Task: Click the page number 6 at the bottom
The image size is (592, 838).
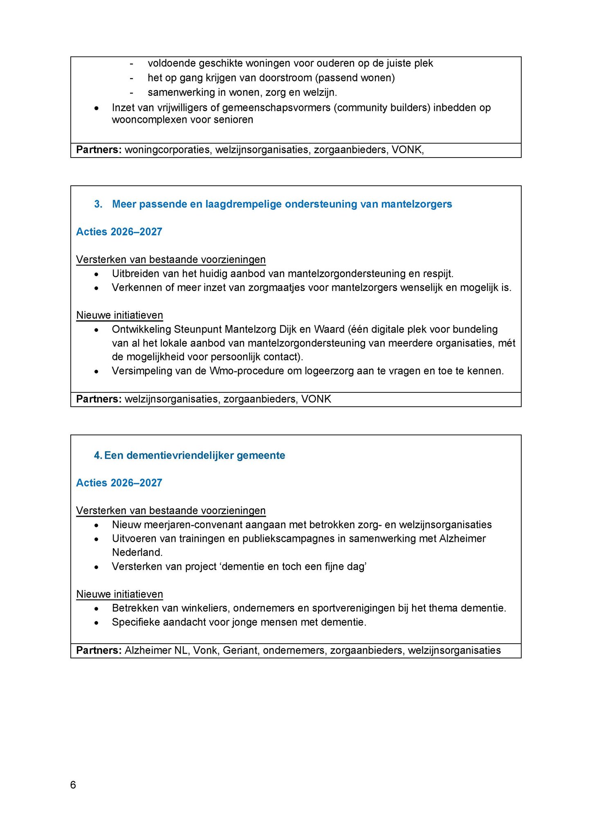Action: (73, 785)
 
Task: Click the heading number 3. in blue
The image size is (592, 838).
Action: (98, 204)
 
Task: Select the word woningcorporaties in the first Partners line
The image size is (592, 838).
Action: (168, 150)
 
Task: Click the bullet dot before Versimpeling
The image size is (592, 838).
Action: (96, 372)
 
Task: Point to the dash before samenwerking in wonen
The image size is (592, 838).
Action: (131, 92)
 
